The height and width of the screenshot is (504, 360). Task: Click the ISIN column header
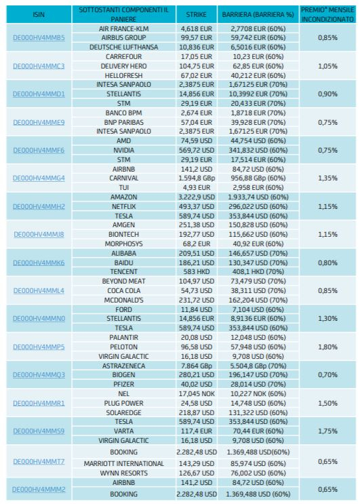[39, 15]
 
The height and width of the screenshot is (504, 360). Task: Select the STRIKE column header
[196, 15]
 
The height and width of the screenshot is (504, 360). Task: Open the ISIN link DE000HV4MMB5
[39, 37]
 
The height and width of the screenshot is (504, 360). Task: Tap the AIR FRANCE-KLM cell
[123, 28]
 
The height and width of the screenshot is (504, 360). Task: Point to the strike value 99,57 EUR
[196, 37]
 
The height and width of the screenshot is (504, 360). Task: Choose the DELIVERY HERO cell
[123, 66]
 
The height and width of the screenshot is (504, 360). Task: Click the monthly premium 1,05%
[327, 66]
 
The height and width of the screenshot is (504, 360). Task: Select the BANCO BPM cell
[123, 113]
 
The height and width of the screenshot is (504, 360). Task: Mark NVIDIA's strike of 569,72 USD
[196, 150]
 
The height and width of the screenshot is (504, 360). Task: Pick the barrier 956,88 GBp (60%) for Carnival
[258, 178]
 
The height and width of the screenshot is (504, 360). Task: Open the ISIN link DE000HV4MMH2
[39, 206]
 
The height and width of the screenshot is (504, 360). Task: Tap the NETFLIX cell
[123, 206]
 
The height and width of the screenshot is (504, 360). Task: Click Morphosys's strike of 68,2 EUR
[196, 244]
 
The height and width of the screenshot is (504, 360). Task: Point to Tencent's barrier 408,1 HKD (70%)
[258, 271]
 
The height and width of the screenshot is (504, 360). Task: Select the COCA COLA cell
[123, 290]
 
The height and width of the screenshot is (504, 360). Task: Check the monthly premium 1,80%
[327, 347]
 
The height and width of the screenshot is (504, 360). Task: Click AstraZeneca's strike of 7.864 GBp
[196, 366]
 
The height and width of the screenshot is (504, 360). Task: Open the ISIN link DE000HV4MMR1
[39, 403]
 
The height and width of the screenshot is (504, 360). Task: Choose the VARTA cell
[123, 431]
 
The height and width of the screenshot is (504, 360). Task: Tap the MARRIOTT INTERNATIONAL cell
[123, 463]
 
